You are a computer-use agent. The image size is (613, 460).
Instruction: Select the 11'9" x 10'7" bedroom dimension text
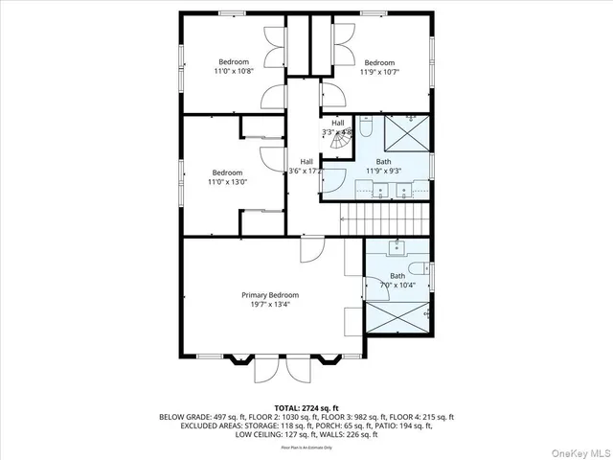pyautogui.click(x=379, y=71)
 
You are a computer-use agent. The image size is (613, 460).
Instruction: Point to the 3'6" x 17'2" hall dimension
pyautogui.click(x=306, y=171)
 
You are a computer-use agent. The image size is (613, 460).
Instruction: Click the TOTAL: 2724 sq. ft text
pyautogui.click(x=306, y=408)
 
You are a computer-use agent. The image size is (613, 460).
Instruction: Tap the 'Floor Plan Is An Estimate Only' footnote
pyautogui.click(x=306, y=448)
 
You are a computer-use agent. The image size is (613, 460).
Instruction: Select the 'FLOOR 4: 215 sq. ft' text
pyautogui.click(x=426, y=417)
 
